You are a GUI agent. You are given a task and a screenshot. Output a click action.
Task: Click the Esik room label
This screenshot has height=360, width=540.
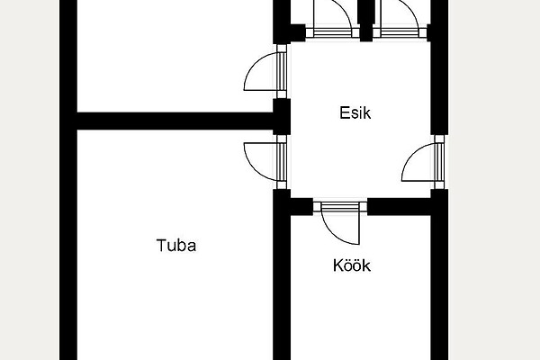(355, 113)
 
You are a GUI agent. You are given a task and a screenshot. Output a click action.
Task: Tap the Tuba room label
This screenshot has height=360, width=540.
(176, 246)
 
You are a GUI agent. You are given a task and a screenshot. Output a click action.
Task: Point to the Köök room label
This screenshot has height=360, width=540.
(352, 265)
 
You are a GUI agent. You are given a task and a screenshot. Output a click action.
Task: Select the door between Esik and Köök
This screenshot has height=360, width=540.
(340, 222)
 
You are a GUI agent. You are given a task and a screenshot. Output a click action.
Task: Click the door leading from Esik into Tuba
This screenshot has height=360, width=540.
(265, 162)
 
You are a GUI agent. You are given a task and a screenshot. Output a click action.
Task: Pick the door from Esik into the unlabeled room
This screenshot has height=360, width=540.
(265, 72)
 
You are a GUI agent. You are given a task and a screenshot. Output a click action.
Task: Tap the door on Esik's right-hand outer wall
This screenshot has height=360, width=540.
(423, 162)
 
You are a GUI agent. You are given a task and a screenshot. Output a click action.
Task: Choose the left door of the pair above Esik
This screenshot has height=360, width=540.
(332, 19)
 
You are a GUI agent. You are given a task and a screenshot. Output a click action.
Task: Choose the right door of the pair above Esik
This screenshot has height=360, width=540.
(400, 19)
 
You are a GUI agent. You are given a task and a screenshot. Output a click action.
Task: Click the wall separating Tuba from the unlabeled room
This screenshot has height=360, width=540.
(175, 121)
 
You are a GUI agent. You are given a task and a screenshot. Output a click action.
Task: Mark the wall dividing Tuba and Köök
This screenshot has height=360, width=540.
(282, 279)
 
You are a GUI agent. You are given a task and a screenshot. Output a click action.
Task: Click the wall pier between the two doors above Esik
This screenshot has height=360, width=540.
(366, 21)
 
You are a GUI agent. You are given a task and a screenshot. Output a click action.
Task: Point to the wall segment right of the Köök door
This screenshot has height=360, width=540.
(399, 207)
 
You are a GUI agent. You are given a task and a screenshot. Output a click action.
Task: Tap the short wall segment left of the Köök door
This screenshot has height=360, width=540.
(301, 207)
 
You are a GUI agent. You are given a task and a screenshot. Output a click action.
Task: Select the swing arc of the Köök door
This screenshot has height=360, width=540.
(335, 233)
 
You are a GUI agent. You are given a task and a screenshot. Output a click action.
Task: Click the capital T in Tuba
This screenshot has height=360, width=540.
(161, 246)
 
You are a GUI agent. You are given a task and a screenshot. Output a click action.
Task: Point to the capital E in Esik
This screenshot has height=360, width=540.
(344, 113)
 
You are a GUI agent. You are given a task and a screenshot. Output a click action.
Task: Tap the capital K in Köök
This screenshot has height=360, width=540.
(337, 265)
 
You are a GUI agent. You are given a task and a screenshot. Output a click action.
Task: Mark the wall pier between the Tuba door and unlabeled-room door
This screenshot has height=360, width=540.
(282, 117)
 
